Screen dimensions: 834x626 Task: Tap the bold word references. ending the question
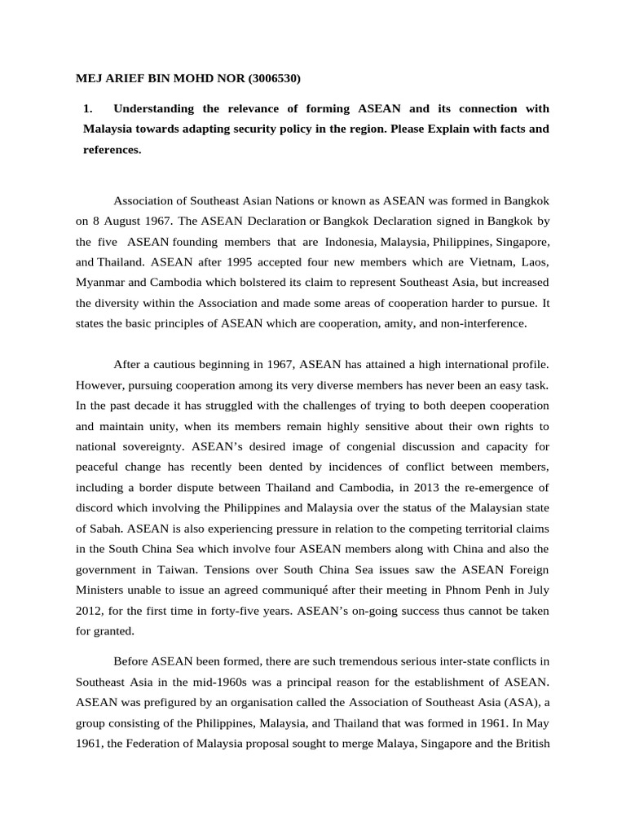(x=112, y=150)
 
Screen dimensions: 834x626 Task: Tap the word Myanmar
(x=102, y=283)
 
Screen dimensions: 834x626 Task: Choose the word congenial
(x=347, y=446)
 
